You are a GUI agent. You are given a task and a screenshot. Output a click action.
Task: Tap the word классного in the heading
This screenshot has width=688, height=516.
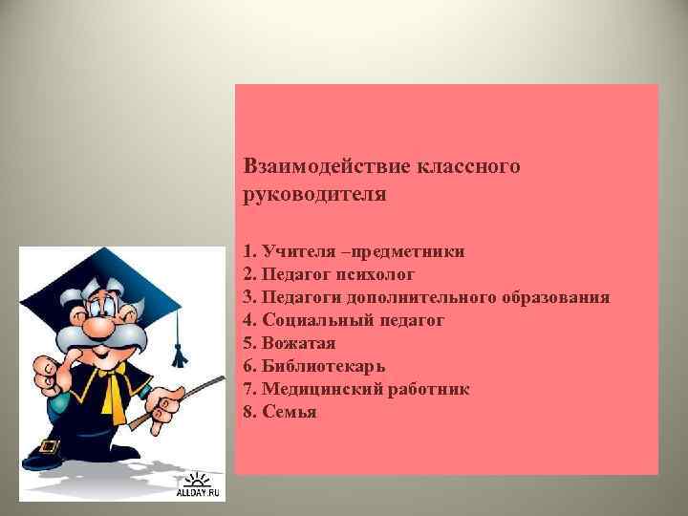(x=469, y=166)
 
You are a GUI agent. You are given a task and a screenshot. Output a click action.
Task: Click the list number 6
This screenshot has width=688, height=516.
(x=249, y=366)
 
